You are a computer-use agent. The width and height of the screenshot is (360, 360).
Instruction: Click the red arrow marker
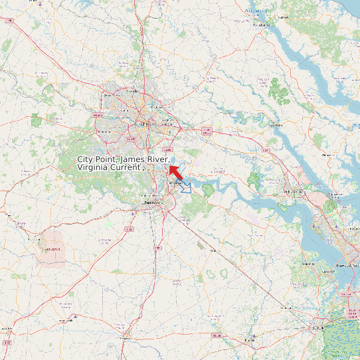[175, 169]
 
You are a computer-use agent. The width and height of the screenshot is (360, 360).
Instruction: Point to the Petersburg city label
[153, 203]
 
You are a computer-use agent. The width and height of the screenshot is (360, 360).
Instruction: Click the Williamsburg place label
[294, 191]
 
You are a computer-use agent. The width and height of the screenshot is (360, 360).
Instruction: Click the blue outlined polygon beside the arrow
[186, 188]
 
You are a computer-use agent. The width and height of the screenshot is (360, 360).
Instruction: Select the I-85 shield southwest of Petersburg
[129, 228]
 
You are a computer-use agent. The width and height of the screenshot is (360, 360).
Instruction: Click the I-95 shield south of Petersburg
[157, 248]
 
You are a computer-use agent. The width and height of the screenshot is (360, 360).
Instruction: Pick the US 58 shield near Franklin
[217, 335]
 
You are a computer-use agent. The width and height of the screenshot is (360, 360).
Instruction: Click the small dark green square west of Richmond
[35, 120]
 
